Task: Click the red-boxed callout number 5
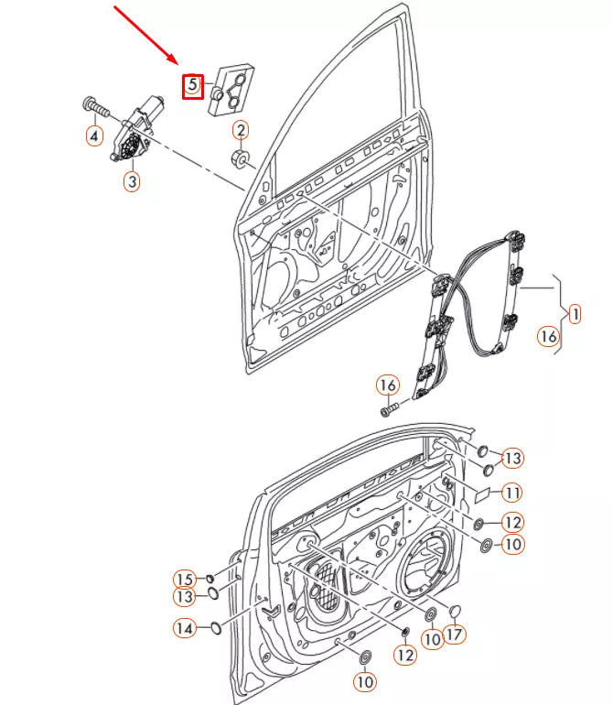coord(192,86)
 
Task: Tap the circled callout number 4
coord(94,136)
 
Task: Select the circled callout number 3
coord(132,182)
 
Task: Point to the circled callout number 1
coord(575,314)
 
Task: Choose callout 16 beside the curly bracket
coord(546,337)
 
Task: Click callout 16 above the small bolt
coord(388,384)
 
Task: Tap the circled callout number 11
coord(511,493)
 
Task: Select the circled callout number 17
coord(454,633)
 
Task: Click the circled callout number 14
coord(184,628)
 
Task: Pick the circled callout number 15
coord(184,579)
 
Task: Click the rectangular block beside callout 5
coord(231,89)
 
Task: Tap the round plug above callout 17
coord(455,611)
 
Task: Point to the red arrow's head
coord(179,64)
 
